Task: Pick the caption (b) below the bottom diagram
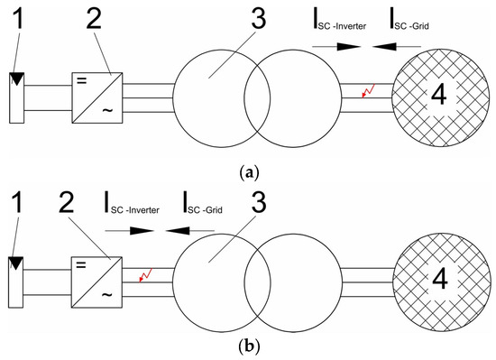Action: tap(247, 346)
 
